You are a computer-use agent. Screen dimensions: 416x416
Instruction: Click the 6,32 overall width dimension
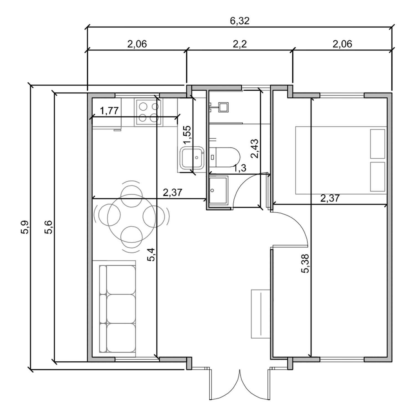coord(240,21)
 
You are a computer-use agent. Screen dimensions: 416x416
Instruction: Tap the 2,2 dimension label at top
coord(240,44)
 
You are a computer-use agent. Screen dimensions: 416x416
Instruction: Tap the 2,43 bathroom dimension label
coord(254,148)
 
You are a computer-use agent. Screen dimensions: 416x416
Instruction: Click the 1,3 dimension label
coord(240,168)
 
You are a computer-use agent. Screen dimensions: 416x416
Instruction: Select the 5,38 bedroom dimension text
coord(305,263)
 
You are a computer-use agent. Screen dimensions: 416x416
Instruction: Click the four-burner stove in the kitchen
coord(148,112)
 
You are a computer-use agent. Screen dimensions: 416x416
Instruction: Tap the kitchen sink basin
coord(192,158)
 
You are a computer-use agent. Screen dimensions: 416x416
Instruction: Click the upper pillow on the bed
coord(377,144)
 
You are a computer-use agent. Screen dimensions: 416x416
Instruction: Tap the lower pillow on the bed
coord(377,177)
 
